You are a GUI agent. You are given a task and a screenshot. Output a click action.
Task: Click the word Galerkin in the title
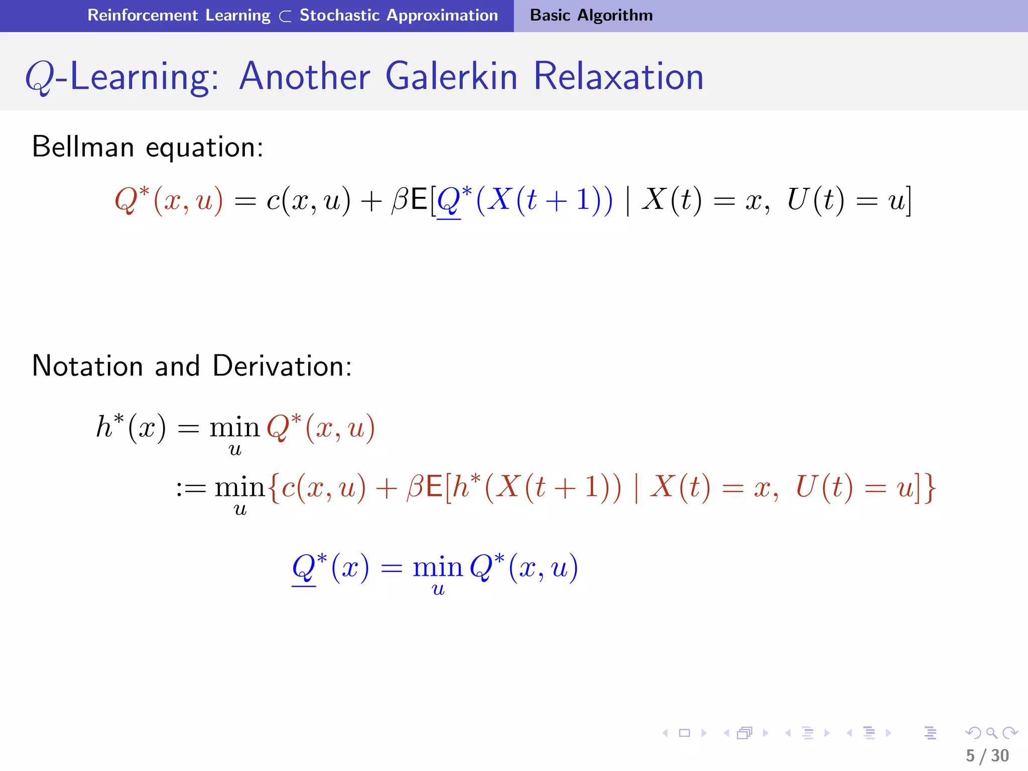click(451, 76)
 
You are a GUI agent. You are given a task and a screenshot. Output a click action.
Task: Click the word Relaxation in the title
click(618, 76)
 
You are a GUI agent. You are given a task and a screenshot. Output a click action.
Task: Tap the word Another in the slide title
click(304, 76)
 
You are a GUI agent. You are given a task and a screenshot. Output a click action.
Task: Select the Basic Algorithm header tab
click(591, 15)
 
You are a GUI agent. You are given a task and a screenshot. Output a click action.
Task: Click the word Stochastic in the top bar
click(339, 15)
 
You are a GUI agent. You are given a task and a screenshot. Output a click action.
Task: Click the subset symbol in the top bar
click(285, 17)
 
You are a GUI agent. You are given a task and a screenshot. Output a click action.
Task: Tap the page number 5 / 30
click(987, 755)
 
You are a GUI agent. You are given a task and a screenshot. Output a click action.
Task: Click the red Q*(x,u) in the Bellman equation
click(169, 200)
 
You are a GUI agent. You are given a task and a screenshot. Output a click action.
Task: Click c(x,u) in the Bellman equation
click(308, 200)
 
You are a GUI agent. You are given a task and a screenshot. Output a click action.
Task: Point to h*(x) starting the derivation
click(131, 428)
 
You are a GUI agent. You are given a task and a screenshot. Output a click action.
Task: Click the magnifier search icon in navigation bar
click(991, 733)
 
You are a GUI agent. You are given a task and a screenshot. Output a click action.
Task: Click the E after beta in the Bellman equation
click(419, 200)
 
